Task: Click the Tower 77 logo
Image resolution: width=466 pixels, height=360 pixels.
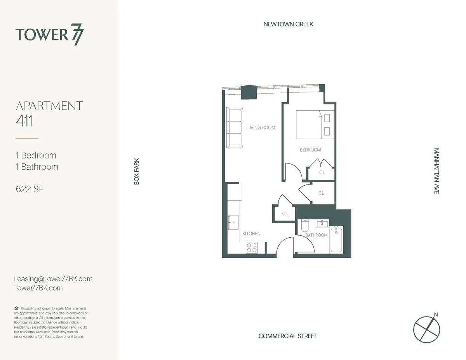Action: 50,35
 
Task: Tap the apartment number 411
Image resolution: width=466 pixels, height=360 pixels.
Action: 24,122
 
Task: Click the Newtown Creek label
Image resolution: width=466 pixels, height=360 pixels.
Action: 288,24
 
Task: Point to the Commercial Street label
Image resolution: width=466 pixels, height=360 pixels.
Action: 288,336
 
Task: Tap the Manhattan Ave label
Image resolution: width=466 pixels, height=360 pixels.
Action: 436,171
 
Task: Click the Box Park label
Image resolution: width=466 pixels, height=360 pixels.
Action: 136,171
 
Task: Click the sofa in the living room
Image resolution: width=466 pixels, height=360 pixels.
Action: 234,127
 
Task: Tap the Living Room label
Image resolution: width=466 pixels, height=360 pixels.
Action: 261,127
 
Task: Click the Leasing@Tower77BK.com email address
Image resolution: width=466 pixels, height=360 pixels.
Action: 53,279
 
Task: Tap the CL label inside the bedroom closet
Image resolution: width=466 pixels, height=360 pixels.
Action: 322,172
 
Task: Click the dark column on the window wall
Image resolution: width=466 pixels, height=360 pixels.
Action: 249,92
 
